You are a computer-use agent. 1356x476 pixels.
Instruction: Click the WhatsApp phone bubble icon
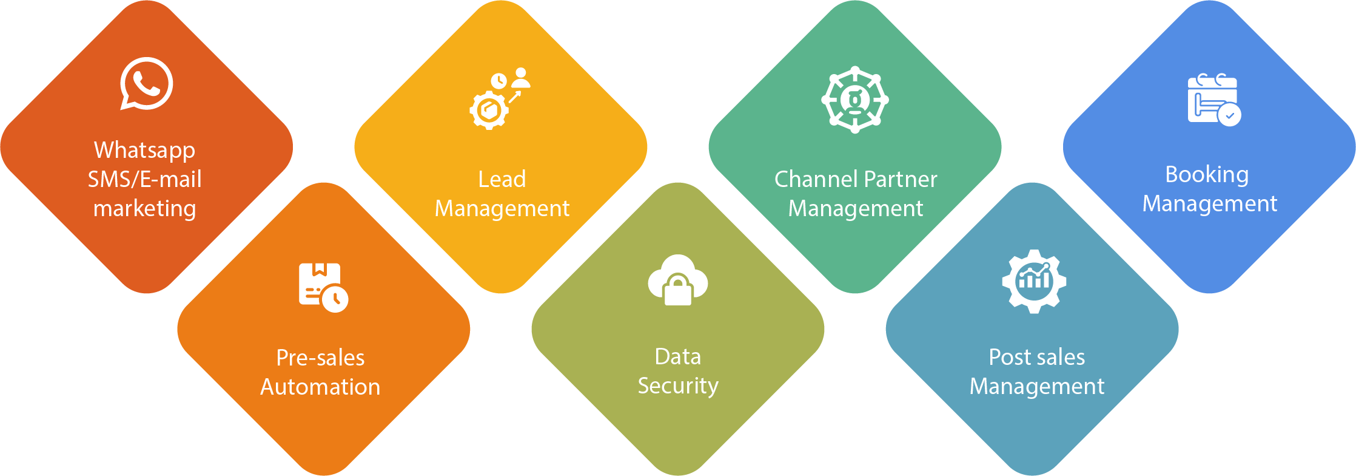point(146,84)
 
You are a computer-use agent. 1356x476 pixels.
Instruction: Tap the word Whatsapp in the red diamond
point(144,150)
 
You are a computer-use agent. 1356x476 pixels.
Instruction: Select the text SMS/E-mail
point(144,179)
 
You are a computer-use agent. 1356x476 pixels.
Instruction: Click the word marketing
point(144,208)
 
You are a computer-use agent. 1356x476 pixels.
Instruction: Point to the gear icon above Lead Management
point(489,110)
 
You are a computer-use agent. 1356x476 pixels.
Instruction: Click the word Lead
point(502,179)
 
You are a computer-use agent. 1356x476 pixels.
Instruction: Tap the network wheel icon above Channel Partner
point(855,100)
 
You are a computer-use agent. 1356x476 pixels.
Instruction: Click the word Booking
point(1207,175)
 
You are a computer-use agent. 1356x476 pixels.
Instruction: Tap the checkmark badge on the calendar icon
point(1230,115)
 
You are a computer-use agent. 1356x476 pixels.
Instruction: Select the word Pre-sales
point(320,358)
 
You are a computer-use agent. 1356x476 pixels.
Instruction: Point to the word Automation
point(320,387)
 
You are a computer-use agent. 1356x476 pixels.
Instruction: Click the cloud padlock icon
point(678,280)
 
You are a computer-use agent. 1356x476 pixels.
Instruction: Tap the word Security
point(678,386)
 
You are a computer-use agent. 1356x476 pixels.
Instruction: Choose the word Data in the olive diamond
point(678,356)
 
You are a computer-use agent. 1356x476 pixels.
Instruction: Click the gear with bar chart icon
point(1034,281)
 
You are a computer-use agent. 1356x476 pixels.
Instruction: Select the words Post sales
point(1037,357)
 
